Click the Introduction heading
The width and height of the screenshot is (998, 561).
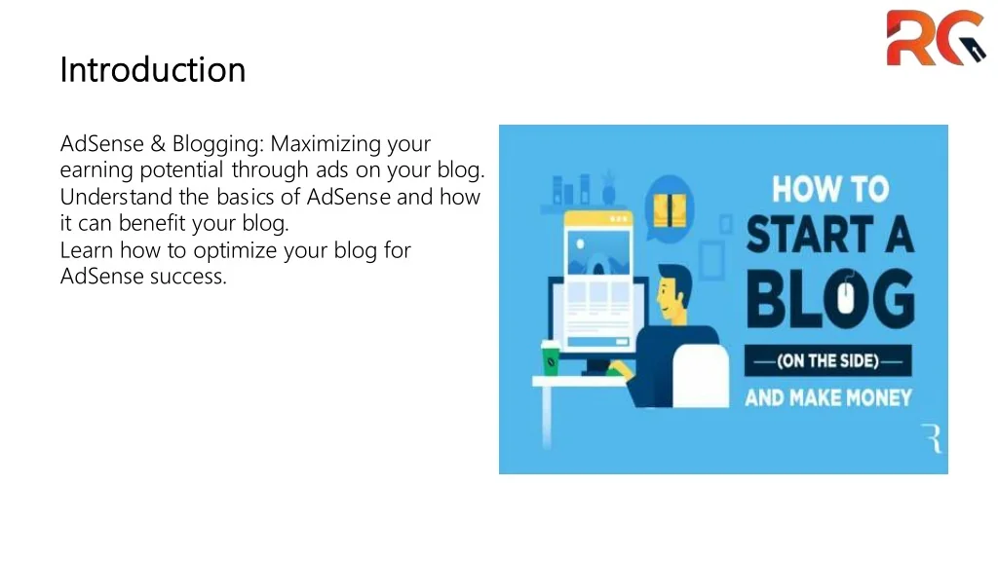click(x=153, y=69)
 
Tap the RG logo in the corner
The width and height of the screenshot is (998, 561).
click(x=936, y=38)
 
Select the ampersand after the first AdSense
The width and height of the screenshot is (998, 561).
click(x=158, y=144)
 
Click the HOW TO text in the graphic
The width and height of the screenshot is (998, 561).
click(x=830, y=189)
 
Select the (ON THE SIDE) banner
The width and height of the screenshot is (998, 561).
click(x=828, y=360)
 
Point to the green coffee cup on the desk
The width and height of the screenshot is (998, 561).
click(x=551, y=358)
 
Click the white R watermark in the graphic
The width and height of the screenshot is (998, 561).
click(x=932, y=438)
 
